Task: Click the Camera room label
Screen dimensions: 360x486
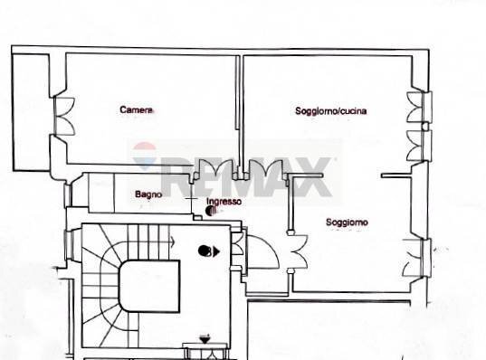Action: click(137, 109)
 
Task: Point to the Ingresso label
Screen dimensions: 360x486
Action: click(224, 201)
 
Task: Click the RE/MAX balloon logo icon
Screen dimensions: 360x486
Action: click(145, 156)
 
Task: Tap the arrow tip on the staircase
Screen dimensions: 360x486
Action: click(173, 241)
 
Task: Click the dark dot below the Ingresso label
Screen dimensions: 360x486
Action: click(212, 212)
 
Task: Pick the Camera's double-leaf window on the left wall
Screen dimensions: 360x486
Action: click(62, 115)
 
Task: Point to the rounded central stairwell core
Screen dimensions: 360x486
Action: click(149, 285)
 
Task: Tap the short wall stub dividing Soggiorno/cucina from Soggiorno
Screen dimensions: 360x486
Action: click(396, 174)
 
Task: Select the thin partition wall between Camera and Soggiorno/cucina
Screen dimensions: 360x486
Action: click(240, 113)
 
